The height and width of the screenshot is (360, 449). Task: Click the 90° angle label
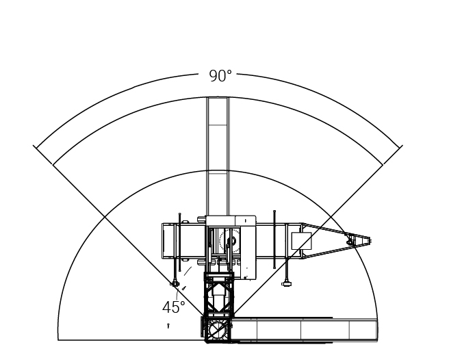pos(220,76)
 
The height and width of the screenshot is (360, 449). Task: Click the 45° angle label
pos(174,307)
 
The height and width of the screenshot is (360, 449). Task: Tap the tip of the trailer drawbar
pos(370,241)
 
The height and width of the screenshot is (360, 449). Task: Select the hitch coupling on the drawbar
pos(350,242)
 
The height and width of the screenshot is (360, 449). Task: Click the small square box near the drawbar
pos(301,241)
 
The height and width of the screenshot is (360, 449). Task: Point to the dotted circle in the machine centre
pos(229,241)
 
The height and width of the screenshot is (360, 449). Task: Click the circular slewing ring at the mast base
pos(218,330)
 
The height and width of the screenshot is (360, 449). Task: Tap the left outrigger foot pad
pos(175,284)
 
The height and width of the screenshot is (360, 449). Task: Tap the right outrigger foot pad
pos(286,284)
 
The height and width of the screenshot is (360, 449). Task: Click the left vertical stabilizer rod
pos(179,242)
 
